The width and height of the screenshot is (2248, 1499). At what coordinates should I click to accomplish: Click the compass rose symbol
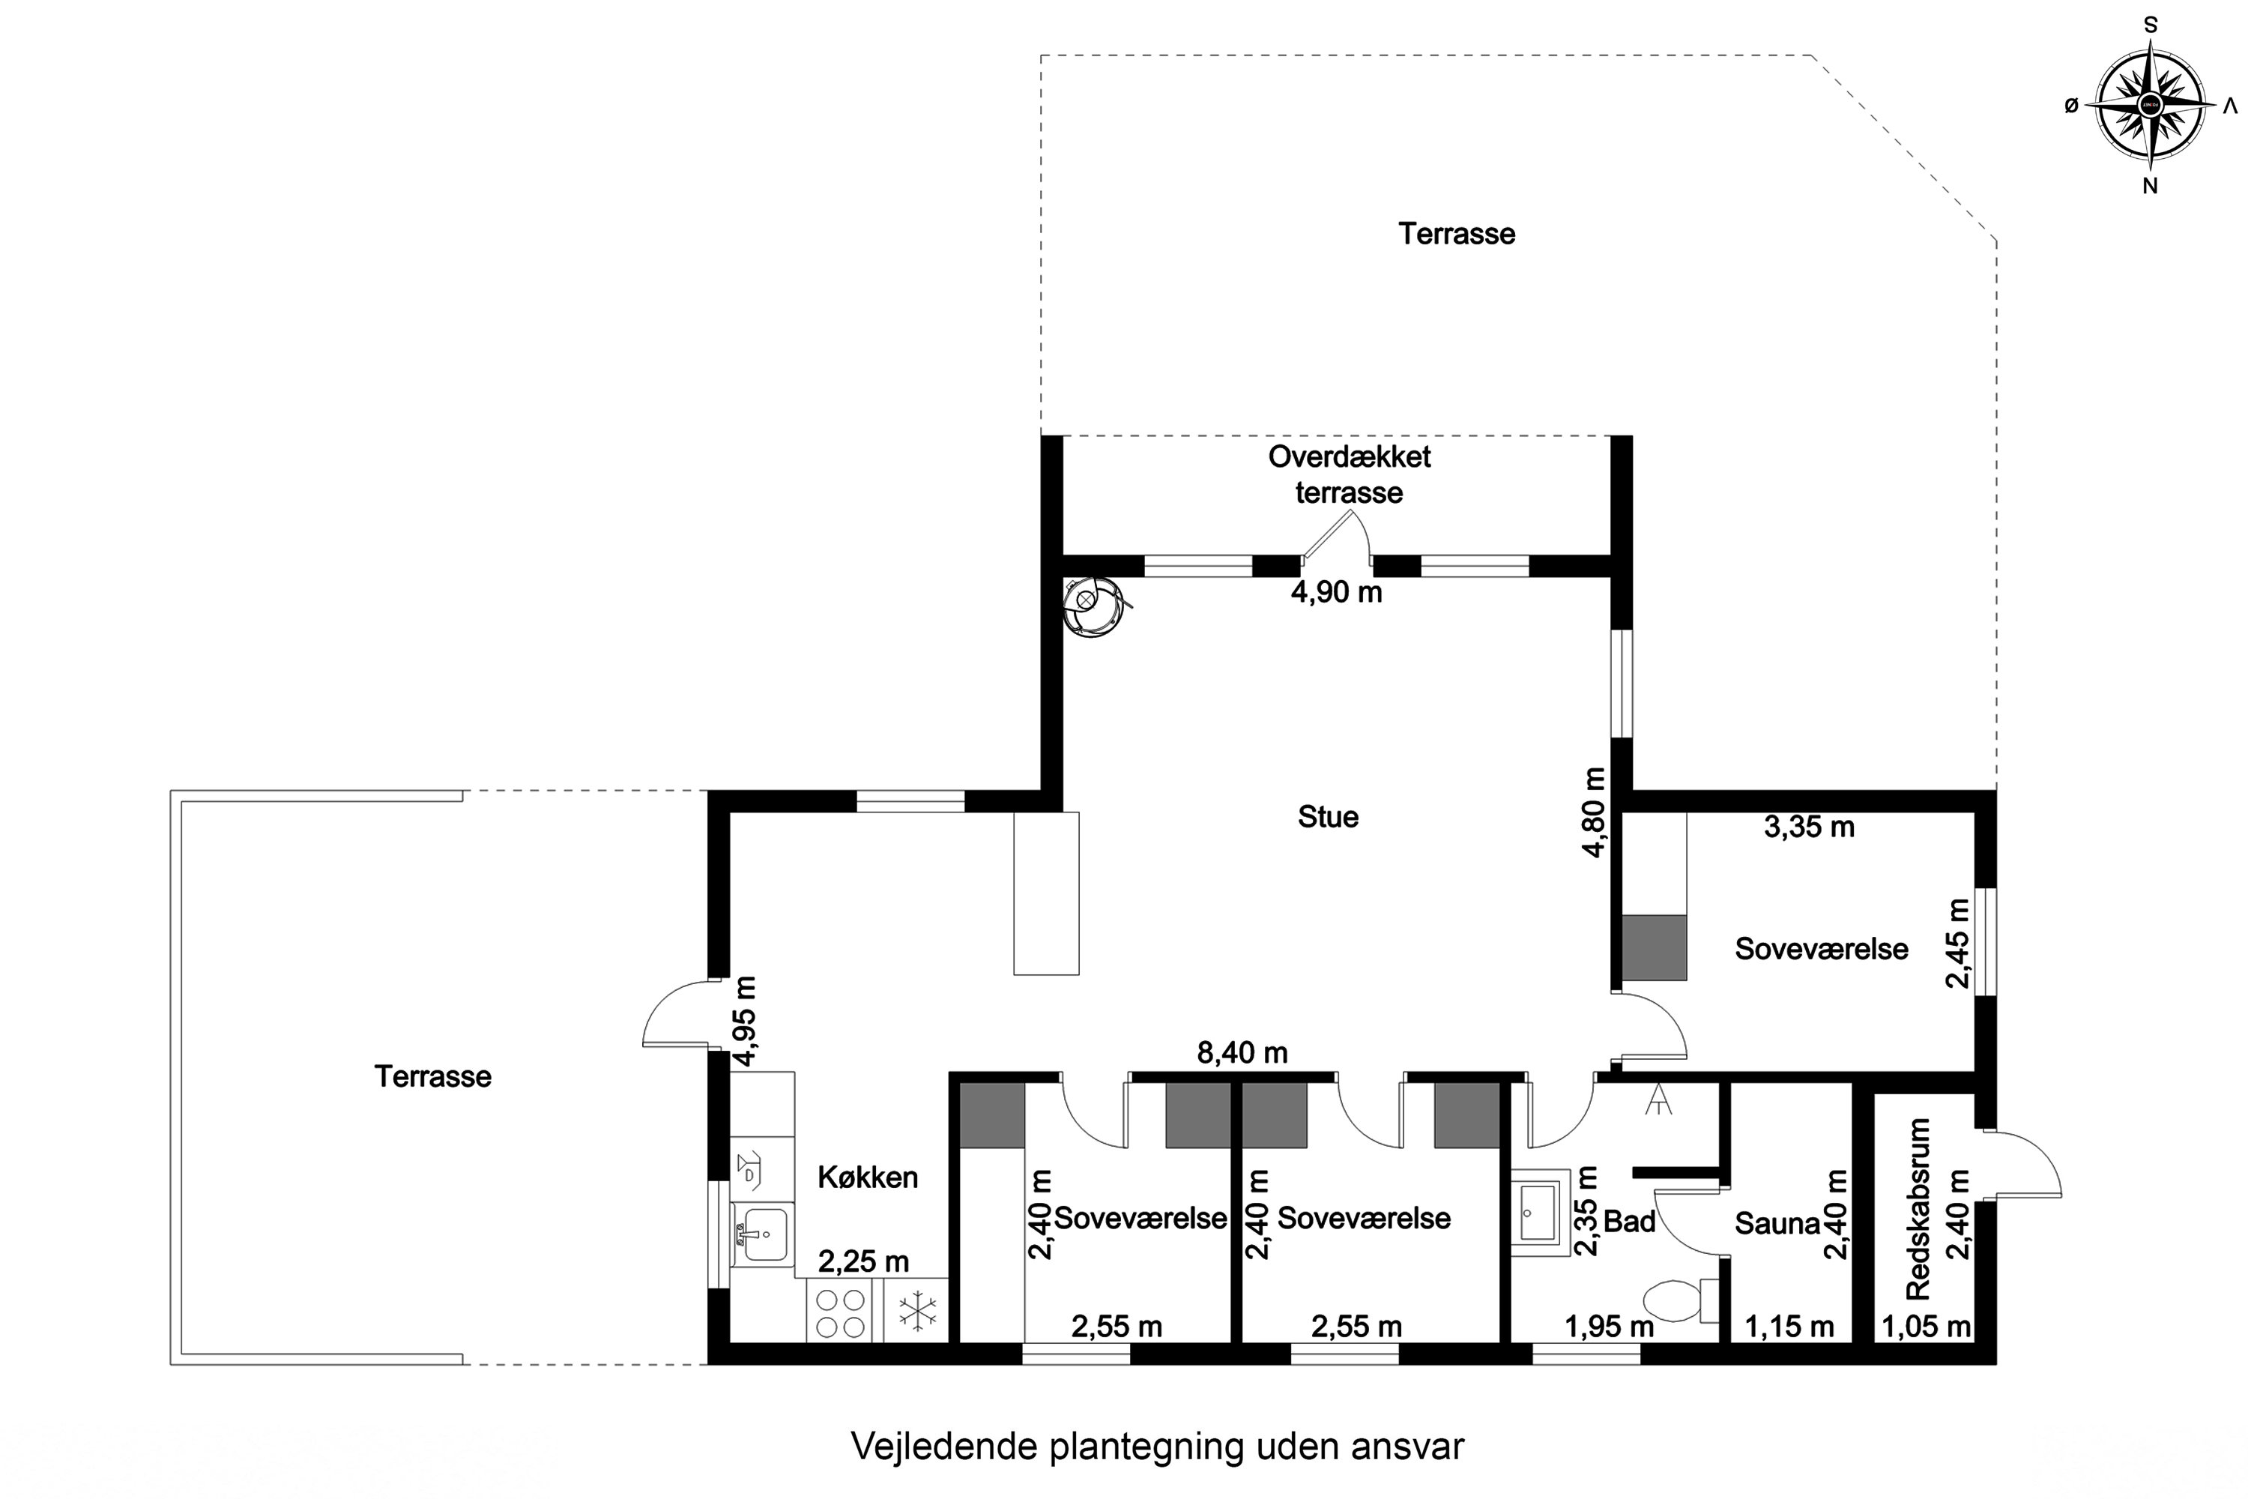2150,105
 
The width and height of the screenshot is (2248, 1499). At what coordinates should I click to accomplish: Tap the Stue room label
1328,818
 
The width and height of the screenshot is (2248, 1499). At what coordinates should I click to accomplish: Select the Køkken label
867,1177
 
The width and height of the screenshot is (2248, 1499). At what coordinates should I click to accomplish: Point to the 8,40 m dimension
1242,1054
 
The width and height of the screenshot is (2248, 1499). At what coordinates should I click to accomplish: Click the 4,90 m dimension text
1336,593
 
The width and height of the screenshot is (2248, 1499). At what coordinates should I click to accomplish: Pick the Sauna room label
1777,1224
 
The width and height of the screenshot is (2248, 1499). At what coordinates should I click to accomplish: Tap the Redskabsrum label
1918,1210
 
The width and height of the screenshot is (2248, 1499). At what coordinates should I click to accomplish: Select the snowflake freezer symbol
917,1312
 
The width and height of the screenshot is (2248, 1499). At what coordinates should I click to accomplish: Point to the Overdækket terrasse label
1350,475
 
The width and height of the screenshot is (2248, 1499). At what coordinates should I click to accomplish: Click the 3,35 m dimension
1808,828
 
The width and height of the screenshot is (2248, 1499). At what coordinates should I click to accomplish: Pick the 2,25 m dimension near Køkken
863,1262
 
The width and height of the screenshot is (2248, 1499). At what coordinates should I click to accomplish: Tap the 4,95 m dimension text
746,1020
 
